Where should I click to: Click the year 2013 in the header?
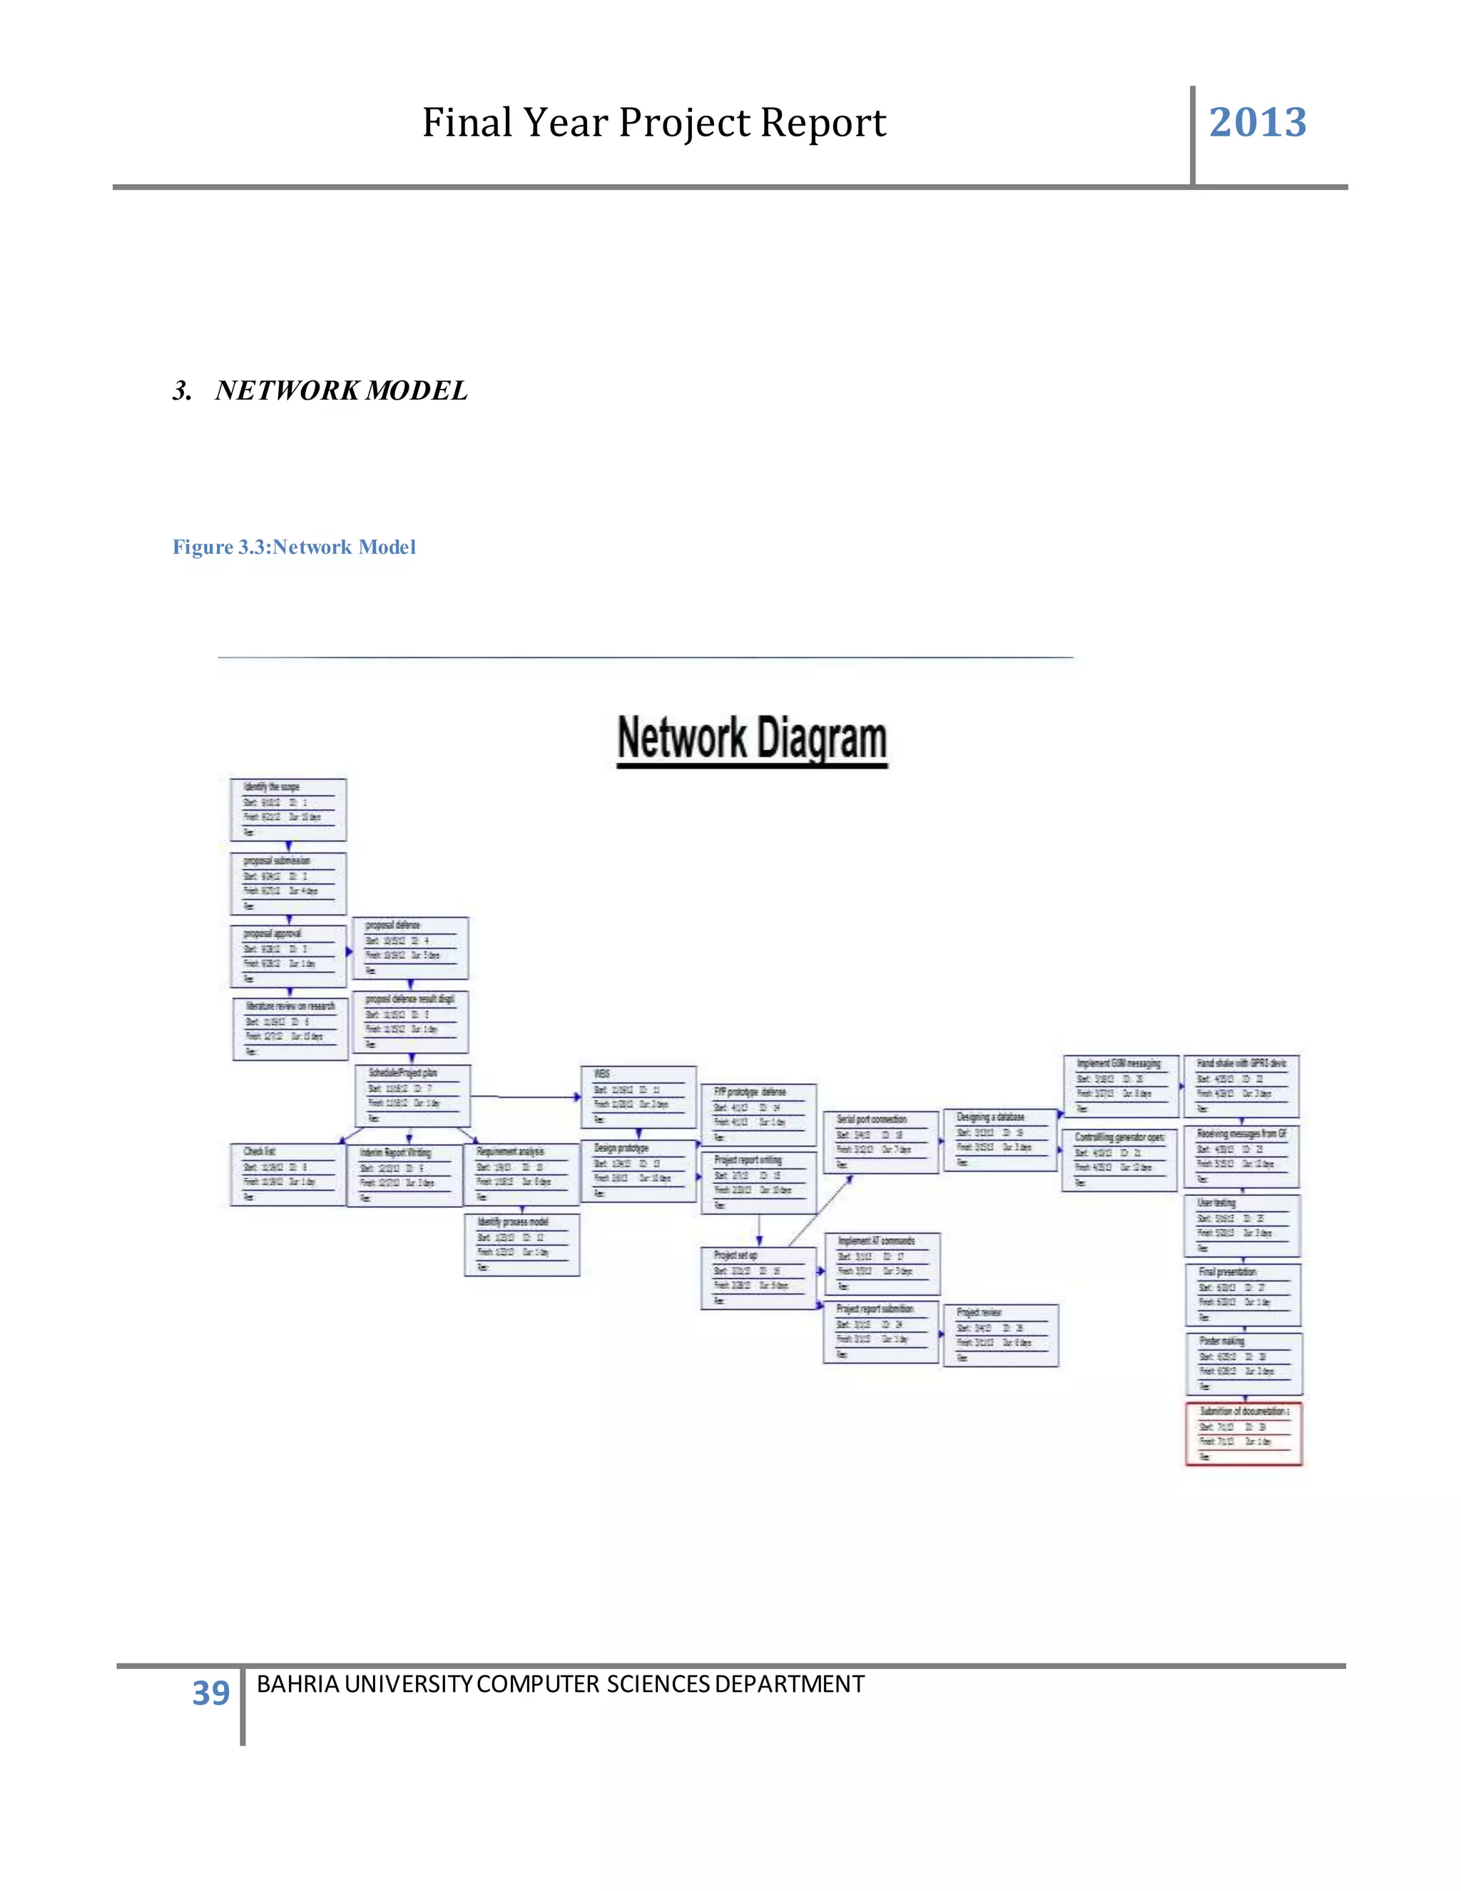pos(1257,122)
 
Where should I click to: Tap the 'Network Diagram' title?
pos(752,739)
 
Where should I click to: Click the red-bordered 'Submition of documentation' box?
pos(1243,1434)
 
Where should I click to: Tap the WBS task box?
pos(638,1097)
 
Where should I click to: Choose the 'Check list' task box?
pos(288,1174)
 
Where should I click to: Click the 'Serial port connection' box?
pos(881,1142)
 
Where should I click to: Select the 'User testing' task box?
pos(1242,1225)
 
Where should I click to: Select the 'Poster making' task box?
pos(1243,1364)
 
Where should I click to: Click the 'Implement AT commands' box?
pos(882,1264)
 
